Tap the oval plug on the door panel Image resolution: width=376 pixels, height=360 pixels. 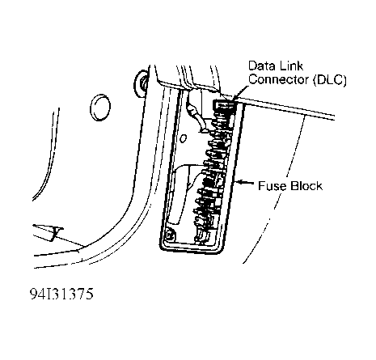tap(101, 106)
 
